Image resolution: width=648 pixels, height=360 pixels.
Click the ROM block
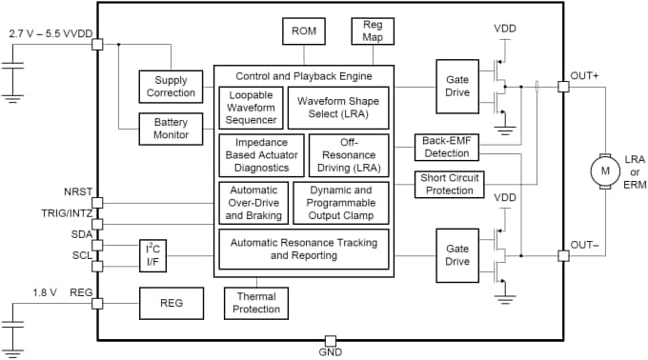[x=305, y=32]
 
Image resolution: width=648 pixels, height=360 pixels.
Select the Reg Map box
[x=371, y=31]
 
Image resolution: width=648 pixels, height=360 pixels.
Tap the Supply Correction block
[x=172, y=86]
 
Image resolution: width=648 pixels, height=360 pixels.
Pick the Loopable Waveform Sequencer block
[x=253, y=107]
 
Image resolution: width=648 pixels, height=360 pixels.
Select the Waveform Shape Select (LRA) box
[x=337, y=107]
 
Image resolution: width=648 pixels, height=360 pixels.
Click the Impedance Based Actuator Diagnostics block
[x=261, y=154]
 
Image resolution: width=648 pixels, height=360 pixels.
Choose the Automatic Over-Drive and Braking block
[x=253, y=202]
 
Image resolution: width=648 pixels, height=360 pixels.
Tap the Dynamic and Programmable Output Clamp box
[x=341, y=202]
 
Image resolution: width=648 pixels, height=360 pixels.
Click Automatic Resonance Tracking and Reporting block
[x=304, y=249]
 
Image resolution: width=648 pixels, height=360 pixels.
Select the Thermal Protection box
[x=257, y=303]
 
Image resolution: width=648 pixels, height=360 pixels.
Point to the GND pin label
[x=330, y=353]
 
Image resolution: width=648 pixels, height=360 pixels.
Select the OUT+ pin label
[x=584, y=75]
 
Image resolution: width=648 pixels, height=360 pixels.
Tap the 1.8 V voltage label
[x=46, y=292]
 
